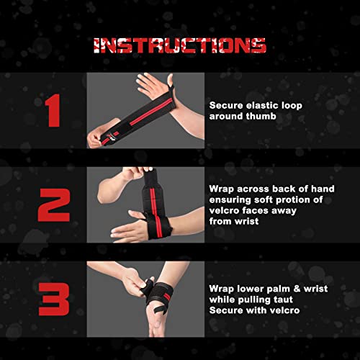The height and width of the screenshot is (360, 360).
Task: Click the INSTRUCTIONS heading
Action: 180,45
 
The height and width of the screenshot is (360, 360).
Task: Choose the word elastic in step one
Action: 257,105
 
